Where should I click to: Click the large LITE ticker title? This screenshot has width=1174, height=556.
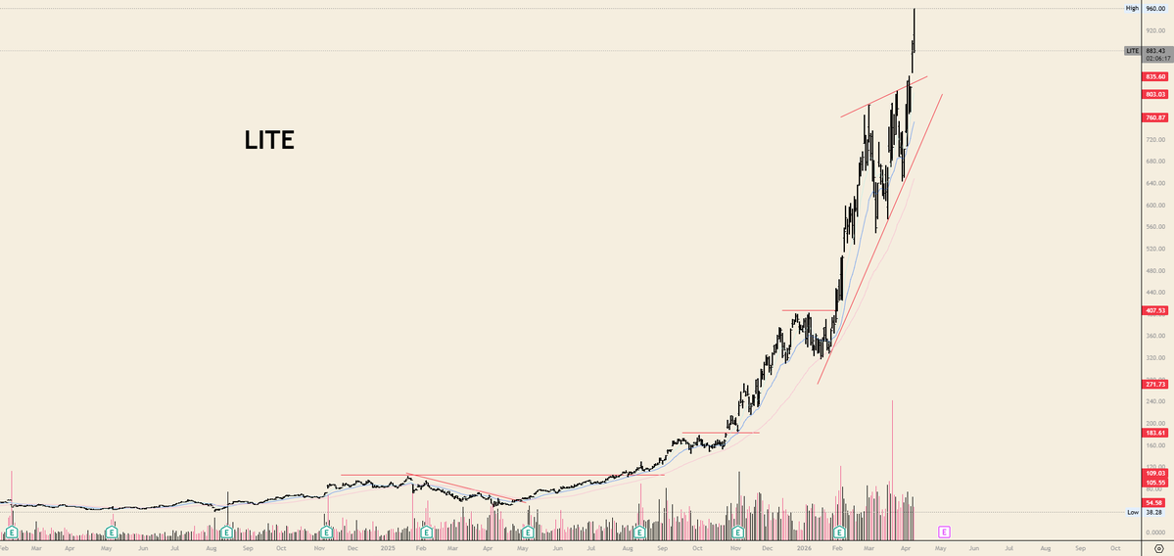(x=269, y=141)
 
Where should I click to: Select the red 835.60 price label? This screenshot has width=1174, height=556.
(x=1154, y=76)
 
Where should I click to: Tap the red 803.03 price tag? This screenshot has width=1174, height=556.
(x=1154, y=94)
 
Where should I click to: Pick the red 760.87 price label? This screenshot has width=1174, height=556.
(x=1154, y=117)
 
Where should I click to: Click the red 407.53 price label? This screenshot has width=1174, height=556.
(x=1154, y=310)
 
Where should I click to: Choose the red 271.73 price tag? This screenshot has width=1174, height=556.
(x=1154, y=385)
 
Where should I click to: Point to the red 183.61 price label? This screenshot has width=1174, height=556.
(x=1154, y=433)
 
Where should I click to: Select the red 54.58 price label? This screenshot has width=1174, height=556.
(x=1154, y=502)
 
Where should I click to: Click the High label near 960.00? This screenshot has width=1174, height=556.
(x=1132, y=8)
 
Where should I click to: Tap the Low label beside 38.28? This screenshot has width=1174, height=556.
(x=1133, y=512)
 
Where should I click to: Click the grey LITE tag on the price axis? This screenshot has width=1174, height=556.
(x=1132, y=50)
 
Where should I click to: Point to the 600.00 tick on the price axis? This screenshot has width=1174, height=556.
(x=1155, y=205)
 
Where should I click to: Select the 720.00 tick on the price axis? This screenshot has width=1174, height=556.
(x=1155, y=139)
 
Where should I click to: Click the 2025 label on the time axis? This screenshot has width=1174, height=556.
(x=389, y=549)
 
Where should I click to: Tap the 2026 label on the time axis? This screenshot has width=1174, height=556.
(x=804, y=549)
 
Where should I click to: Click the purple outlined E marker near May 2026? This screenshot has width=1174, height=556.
(x=944, y=532)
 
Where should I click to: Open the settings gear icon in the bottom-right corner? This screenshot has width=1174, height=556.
(x=1157, y=549)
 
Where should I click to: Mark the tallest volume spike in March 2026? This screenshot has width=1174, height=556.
(x=892, y=402)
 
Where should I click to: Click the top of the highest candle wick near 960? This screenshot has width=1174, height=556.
(x=914, y=9)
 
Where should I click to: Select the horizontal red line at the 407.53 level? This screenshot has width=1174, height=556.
(x=809, y=310)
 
